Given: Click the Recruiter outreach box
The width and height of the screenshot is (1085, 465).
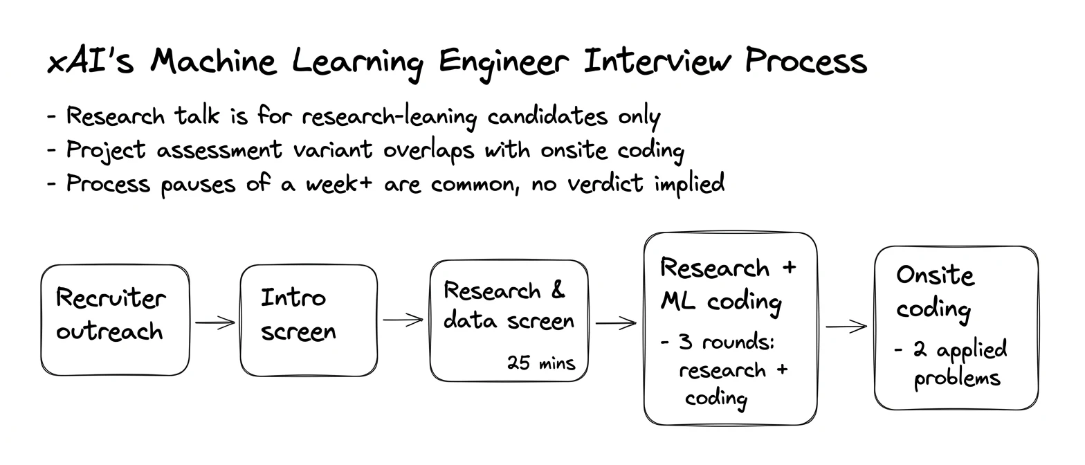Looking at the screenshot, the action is coord(116,320).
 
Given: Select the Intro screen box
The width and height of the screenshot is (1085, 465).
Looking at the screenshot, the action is coord(309,320).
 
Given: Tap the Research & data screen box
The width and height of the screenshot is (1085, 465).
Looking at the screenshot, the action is coord(509,320).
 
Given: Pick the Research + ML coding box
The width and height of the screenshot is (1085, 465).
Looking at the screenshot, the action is coord(731,329).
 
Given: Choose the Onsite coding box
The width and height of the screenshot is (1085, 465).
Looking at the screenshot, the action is coord(956,328).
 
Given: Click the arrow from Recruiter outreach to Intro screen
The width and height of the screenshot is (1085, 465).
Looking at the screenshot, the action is coord(215,322).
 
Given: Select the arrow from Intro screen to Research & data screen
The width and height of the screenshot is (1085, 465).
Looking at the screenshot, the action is coord(403,320).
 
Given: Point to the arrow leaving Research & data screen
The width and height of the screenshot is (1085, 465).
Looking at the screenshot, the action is coord(616,323).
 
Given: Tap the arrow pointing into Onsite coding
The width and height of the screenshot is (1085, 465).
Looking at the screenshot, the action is coord(846,327).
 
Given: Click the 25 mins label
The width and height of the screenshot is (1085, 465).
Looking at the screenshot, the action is coord(541,363).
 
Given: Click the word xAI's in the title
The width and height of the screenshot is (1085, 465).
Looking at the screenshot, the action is coord(90,62).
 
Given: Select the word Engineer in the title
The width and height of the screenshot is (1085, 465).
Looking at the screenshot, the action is coord(504,64).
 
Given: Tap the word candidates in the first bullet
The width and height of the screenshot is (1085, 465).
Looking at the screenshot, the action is coord(547,116).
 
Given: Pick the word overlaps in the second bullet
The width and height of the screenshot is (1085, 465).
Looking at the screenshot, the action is coord(429,150).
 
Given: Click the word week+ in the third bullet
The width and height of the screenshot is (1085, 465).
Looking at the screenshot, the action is coord(339,183).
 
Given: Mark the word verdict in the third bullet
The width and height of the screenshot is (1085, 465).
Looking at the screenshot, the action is coord(605,183).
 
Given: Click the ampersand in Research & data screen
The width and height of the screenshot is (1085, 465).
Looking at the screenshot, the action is coord(558,290).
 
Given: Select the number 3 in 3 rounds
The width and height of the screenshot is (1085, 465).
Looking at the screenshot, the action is coord(685,342).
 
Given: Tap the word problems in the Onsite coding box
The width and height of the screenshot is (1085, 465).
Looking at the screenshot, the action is coord(956,379).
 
